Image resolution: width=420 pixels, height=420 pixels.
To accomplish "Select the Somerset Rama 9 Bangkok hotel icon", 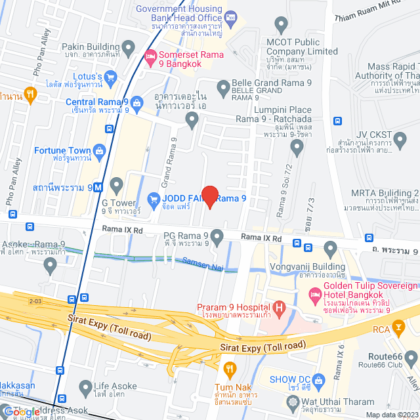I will pyautogui.click(x=150, y=58).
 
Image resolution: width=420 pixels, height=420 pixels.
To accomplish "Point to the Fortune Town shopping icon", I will pyautogui.click(x=99, y=151).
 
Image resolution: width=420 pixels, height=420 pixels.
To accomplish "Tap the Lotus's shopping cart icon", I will pyautogui.click(x=110, y=77).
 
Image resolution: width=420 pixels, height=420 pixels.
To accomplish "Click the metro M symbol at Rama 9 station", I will pyautogui.click(x=98, y=186).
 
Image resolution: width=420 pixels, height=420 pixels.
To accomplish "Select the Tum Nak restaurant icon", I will pyautogui.click(x=229, y=369).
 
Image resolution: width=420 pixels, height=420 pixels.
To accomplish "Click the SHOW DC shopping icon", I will pyautogui.click(x=319, y=380).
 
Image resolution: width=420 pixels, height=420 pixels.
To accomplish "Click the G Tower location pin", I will pyautogui.click(x=117, y=184).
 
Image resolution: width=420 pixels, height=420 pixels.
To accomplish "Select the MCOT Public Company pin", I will pyautogui.click(x=282, y=26).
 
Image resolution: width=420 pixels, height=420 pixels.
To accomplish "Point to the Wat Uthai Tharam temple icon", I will pyautogui.click(x=293, y=401).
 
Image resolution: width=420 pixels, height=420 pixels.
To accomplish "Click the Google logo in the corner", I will pyautogui.click(x=21, y=411).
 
